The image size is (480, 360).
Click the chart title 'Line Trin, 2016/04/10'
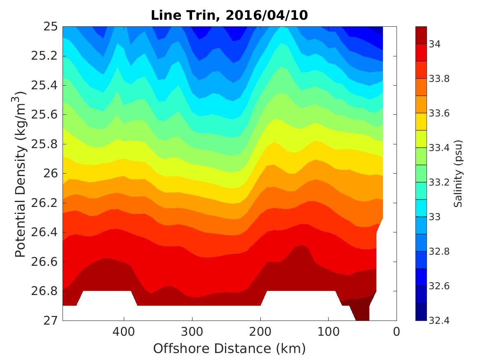pos(229,16)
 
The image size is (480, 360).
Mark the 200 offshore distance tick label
pos(260,331)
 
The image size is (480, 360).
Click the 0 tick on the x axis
pos(397,331)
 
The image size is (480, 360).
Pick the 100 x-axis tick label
pos(328,331)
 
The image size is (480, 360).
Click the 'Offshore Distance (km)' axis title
pos(229,348)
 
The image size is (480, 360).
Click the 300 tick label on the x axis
pos(192,331)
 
